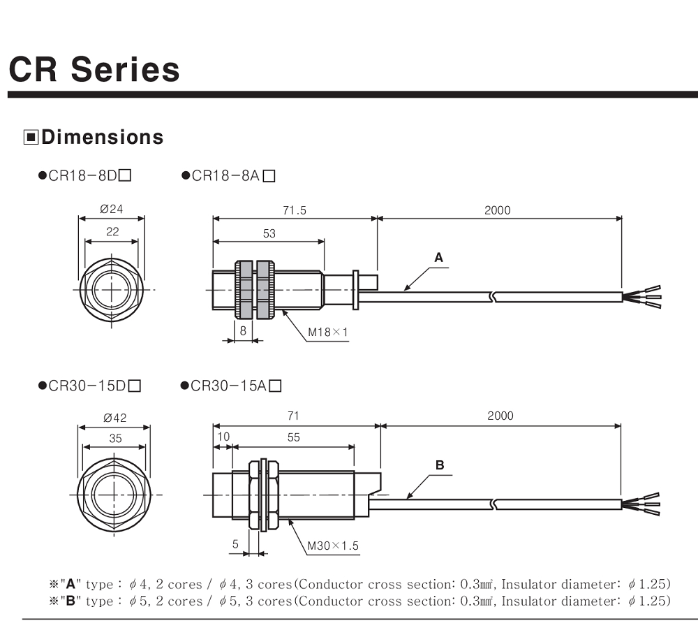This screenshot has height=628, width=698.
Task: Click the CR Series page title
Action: pos(94,70)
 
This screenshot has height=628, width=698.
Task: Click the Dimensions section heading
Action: pos(102,137)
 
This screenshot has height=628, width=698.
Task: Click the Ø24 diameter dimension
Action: pos(112,209)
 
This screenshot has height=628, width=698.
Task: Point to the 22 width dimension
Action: pos(112,233)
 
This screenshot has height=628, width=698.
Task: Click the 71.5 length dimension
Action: pos(294,210)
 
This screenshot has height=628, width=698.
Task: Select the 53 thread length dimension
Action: pos(269,233)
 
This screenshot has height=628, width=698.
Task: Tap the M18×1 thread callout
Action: pos(327,332)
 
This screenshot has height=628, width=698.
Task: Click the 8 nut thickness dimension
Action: pos(243,331)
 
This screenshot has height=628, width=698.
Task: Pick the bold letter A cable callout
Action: pos(438,257)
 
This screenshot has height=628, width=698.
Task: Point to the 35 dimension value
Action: pos(115,439)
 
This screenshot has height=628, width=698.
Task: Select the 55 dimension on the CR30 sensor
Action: pos(293,437)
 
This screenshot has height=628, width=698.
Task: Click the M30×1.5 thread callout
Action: pos(333,545)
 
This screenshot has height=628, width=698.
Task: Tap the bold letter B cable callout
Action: pos(440,465)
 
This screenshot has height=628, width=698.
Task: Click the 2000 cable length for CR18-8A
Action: pos(498,210)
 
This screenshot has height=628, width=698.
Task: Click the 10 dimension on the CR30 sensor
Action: pos(223,437)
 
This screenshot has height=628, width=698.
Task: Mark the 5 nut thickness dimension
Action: pos(235,544)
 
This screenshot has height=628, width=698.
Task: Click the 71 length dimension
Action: pos(293,416)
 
